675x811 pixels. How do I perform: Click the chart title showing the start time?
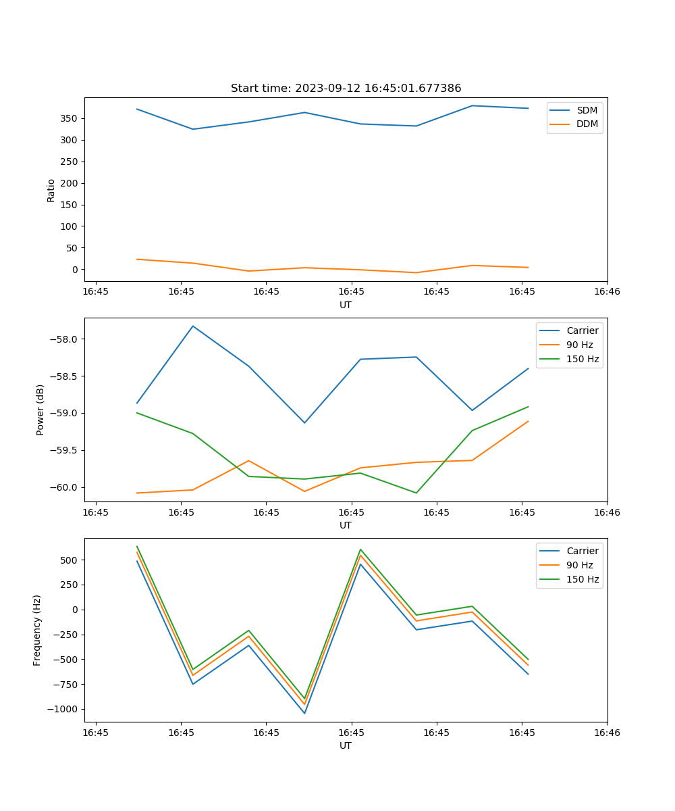click(346, 89)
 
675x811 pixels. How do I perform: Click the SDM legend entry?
click(587, 110)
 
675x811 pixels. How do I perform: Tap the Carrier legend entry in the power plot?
click(582, 330)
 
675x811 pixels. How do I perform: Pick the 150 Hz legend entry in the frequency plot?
click(583, 579)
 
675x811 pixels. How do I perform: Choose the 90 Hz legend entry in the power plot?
click(579, 345)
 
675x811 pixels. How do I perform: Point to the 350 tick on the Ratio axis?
click(69, 118)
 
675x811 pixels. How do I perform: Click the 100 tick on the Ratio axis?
click(69, 226)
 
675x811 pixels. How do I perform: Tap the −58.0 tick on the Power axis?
click(66, 339)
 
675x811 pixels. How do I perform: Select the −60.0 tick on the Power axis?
click(66, 488)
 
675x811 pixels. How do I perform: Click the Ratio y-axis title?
click(51, 190)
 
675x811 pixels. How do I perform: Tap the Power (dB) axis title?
click(40, 410)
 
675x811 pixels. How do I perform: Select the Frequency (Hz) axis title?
click(37, 630)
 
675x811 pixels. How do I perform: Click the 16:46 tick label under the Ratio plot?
click(606, 292)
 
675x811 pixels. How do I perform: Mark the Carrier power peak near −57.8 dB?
click(193, 326)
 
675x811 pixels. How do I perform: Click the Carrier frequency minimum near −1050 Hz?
click(304, 713)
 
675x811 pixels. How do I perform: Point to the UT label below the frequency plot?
click(346, 745)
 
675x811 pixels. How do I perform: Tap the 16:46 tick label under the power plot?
click(606, 512)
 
